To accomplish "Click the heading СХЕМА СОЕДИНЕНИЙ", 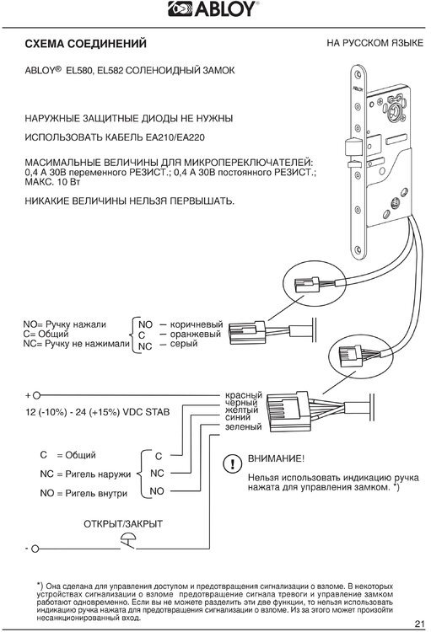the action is [x=85, y=44].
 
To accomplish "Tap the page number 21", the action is [x=420, y=624].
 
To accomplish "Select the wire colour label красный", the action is [x=244, y=395].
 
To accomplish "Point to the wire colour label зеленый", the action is [x=244, y=426].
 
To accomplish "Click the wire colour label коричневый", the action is [x=197, y=324].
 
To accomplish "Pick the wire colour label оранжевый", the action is [x=196, y=335].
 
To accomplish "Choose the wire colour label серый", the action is [x=184, y=344].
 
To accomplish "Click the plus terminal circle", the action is [x=36, y=395].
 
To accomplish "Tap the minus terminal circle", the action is [x=35, y=549].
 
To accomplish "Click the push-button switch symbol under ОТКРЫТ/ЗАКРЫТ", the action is [x=128, y=542].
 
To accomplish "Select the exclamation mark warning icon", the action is [x=233, y=464].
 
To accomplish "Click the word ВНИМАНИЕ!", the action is [x=276, y=458].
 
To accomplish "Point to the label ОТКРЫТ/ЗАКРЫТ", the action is [x=123, y=524].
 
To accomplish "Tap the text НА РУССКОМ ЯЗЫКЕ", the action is [x=374, y=43].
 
